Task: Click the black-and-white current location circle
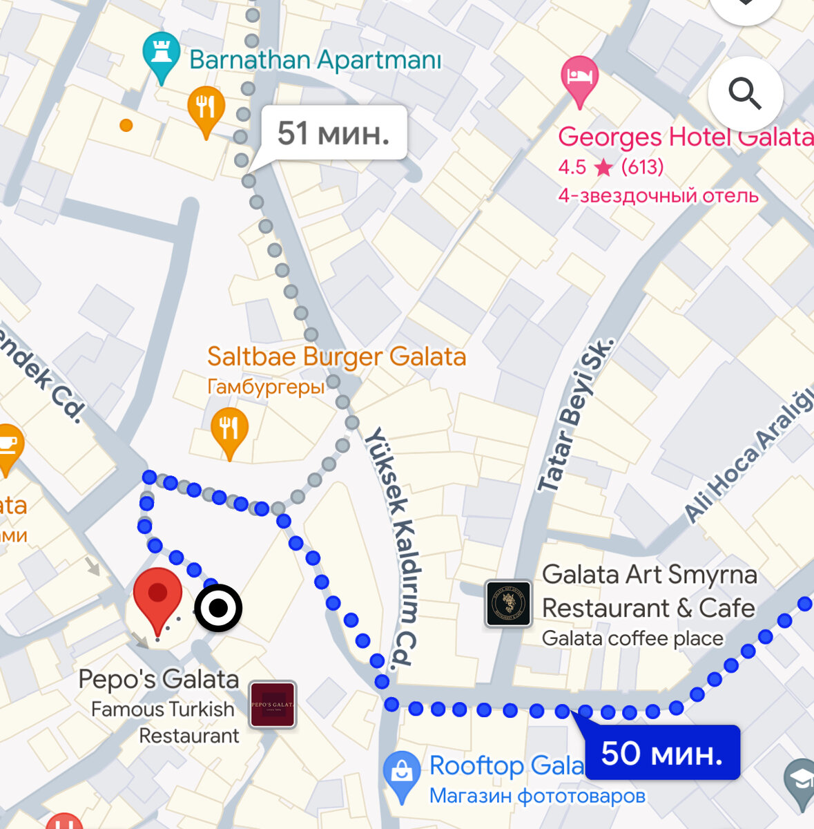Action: pos(218,609)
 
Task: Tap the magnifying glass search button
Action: pos(745,94)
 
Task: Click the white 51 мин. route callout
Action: pos(333,133)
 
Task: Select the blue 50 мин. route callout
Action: pos(661,753)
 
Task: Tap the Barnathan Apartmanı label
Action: pos(315,60)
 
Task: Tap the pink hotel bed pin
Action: pos(579,78)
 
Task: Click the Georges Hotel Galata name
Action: pos(685,137)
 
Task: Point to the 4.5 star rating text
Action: pos(610,167)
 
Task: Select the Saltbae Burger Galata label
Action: pos(336,357)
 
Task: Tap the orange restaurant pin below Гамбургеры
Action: pos(229,430)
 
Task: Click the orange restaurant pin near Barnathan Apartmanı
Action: pos(206,108)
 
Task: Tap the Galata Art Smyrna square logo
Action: pos(508,603)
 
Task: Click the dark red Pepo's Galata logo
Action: pos(273,705)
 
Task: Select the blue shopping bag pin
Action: pos(402,773)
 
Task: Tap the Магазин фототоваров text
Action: pos(537,796)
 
